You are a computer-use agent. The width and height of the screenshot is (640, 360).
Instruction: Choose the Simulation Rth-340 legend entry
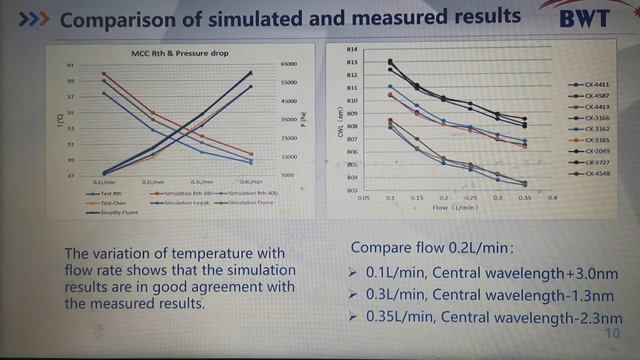[x=176, y=192]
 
